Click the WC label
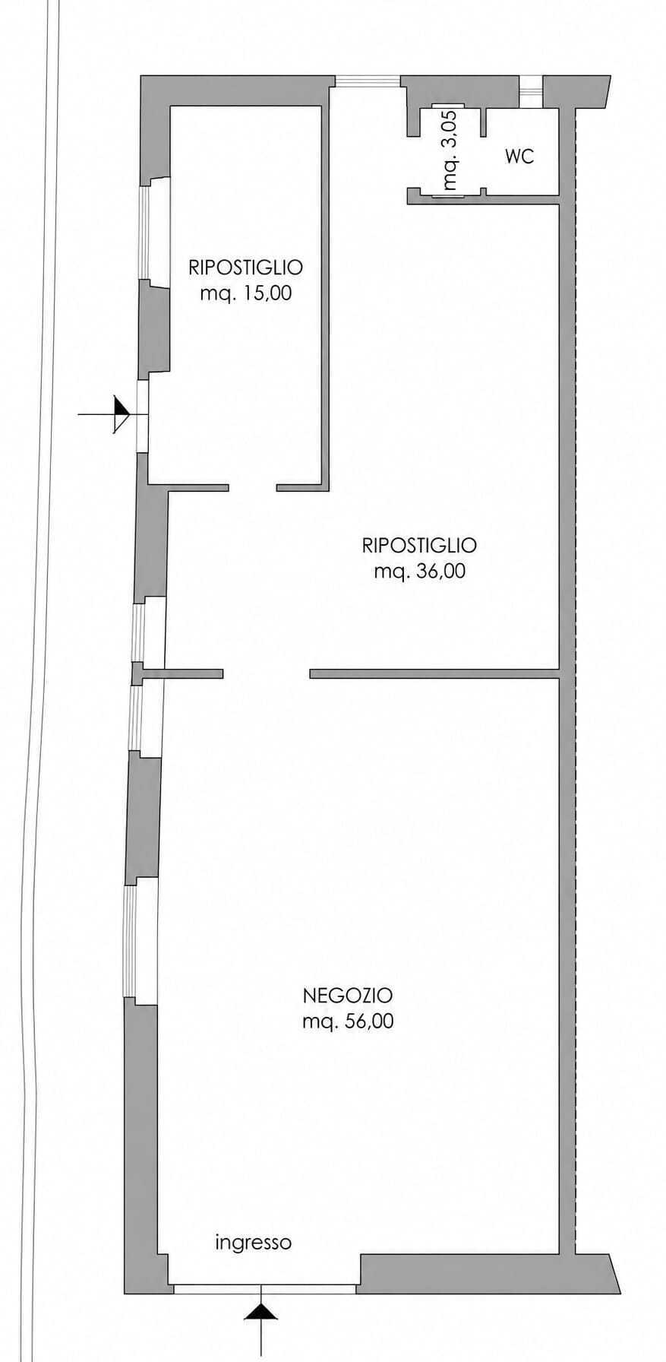[519, 157]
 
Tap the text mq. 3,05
[450, 150]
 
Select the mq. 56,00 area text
[348, 1022]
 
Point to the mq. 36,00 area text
[419, 572]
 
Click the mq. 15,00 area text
[245, 293]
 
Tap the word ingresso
[253, 1243]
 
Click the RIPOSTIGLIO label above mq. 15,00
[245, 267]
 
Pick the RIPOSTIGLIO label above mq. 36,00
[419, 545]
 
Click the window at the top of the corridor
[368, 81]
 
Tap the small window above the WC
[531, 89]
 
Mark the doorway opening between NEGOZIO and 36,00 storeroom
[267, 673]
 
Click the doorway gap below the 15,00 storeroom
[252, 487]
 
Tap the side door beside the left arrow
[142, 415]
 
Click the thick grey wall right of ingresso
[486, 1273]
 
